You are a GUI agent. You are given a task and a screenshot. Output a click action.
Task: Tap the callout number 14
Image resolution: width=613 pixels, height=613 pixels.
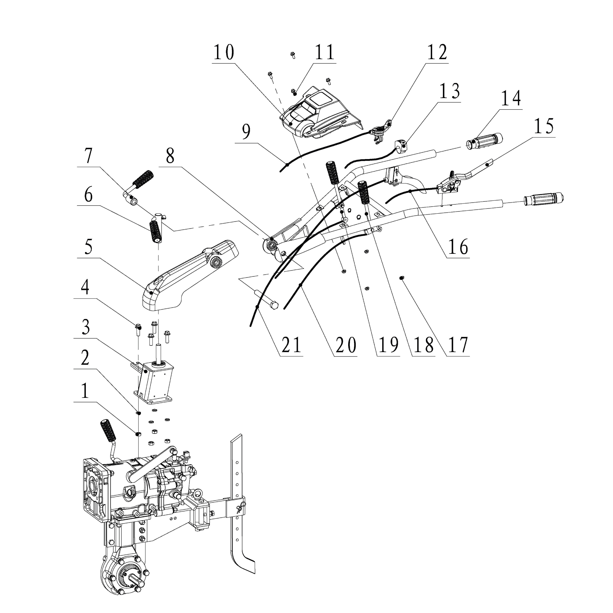[x=511, y=98]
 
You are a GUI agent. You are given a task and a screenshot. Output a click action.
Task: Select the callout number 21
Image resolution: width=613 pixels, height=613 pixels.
[x=291, y=345]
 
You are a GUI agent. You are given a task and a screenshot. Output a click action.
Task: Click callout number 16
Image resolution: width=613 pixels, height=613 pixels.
[x=458, y=246]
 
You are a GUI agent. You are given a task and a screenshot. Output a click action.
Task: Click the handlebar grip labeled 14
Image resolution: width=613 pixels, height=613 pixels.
[x=484, y=142]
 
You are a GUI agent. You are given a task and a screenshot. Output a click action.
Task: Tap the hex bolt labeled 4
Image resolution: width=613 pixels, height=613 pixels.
[x=138, y=330]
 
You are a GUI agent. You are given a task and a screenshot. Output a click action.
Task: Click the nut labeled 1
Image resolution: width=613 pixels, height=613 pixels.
[x=138, y=433]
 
